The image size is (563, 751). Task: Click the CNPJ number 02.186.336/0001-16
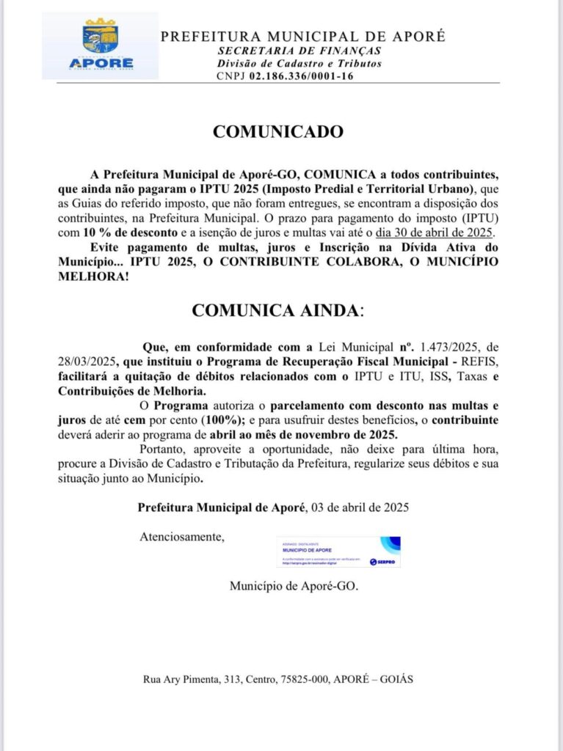coord(301,76)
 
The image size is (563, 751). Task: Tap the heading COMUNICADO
coord(277,132)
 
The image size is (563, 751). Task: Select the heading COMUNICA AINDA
coord(277,310)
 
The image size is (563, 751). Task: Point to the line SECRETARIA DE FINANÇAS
coord(299,51)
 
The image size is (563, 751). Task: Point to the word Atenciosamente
coord(182,537)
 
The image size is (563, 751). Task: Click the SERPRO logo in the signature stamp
coord(383,562)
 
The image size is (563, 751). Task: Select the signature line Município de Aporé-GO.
coord(294,587)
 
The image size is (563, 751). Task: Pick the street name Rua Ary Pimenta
coord(180,680)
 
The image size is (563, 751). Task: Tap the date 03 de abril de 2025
coord(360,507)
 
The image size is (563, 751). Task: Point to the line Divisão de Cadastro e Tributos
coord(299,63)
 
